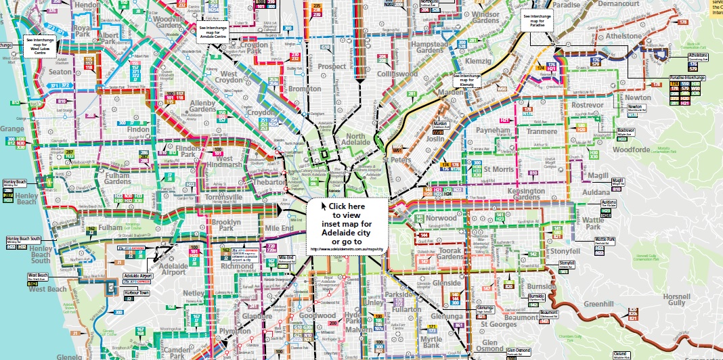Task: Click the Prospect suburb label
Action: (x=332, y=67)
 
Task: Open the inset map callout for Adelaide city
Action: (x=348, y=226)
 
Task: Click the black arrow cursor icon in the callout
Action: (x=324, y=206)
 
